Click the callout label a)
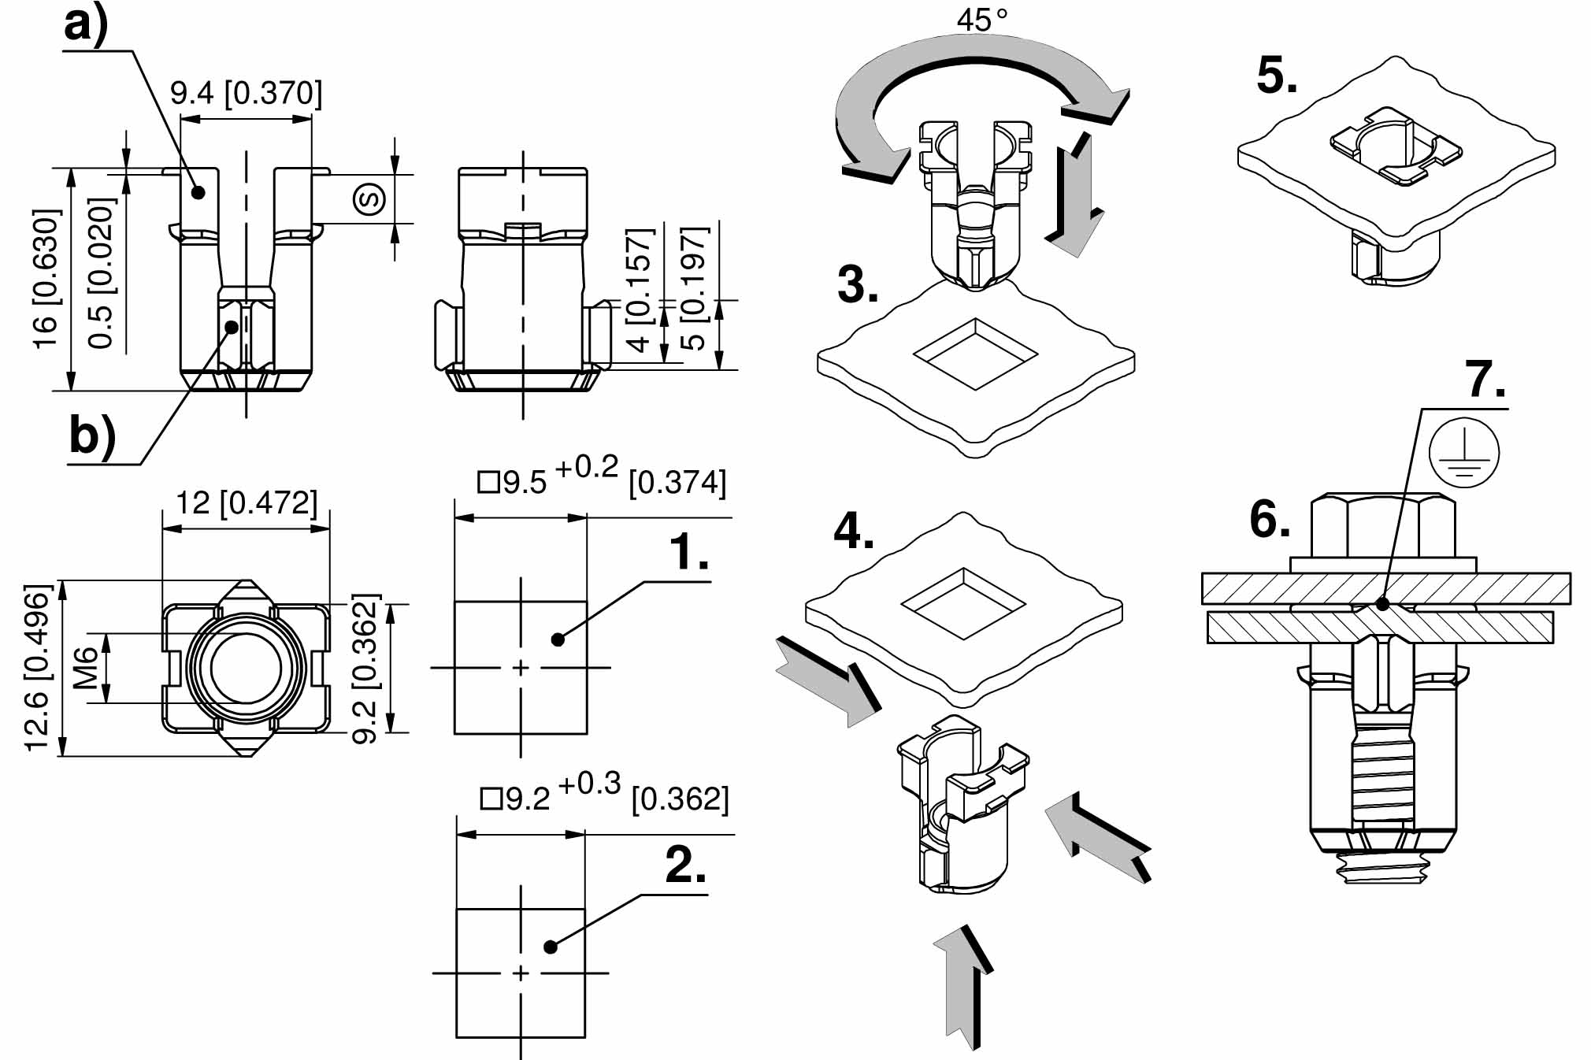[85, 25]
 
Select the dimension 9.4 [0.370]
[246, 94]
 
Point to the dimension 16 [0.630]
[46, 280]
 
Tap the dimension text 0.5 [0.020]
[102, 273]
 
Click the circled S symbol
[369, 198]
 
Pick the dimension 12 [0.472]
[246, 502]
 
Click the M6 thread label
[87, 666]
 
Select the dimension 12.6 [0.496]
[38, 668]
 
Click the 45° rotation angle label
[981, 20]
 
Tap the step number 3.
[858, 285]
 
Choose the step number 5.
[1277, 77]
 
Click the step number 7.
[1485, 380]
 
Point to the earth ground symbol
[1463, 453]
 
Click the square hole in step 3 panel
[975, 354]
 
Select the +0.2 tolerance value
[587, 468]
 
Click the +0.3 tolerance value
[589, 784]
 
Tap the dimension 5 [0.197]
[694, 287]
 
